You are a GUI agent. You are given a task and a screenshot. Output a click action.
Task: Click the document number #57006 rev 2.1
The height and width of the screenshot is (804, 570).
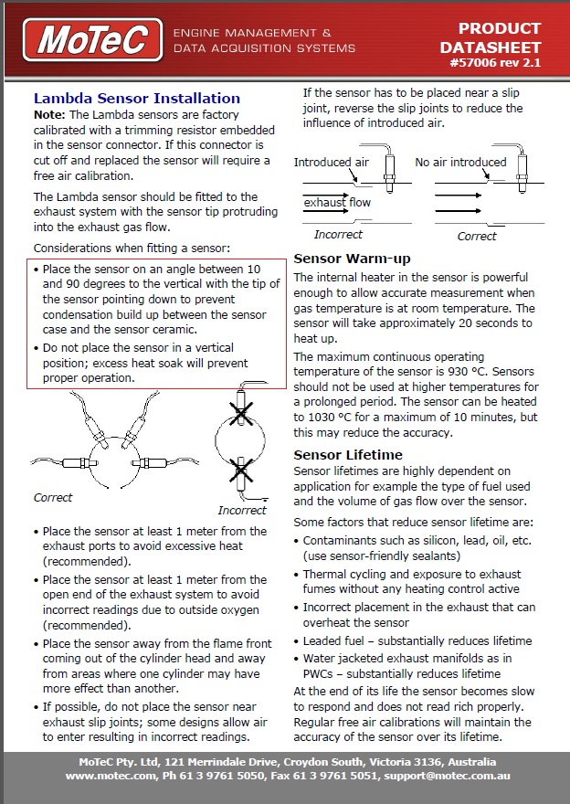pyautogui.click(x=495, y=64)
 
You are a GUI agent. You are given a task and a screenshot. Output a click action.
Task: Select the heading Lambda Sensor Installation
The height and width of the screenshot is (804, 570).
pyautogui.click(x=136, y=98)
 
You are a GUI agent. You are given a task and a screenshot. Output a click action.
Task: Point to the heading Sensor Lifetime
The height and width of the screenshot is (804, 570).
pyautogui.click(x=348, y=454)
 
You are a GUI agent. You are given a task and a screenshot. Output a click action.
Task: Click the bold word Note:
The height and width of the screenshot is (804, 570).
pyautogui.click(x=49, y=115)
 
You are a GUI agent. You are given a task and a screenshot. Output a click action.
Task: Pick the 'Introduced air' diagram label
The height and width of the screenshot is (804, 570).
pyautogui.click(x=331, y=163)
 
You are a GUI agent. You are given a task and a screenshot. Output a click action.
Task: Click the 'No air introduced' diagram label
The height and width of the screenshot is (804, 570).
pyautogui.click(x=460, y=163)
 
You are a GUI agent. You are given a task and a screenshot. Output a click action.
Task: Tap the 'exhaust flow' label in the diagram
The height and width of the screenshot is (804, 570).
pyautogui.click(x=337, y=202)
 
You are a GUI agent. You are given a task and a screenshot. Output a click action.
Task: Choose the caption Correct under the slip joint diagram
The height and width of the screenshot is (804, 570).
pyautogui.click(x=477, y=236)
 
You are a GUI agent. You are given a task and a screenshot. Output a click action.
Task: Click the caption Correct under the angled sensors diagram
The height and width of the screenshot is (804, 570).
pyautogui.click(x=53, y=498)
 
